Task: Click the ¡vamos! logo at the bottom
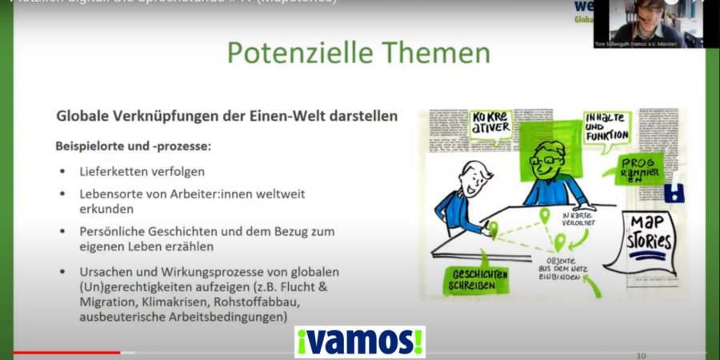click(360, 342)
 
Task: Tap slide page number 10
click(640, 354)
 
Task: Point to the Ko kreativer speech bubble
click(490, 126)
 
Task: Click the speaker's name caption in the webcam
click(637, 45)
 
